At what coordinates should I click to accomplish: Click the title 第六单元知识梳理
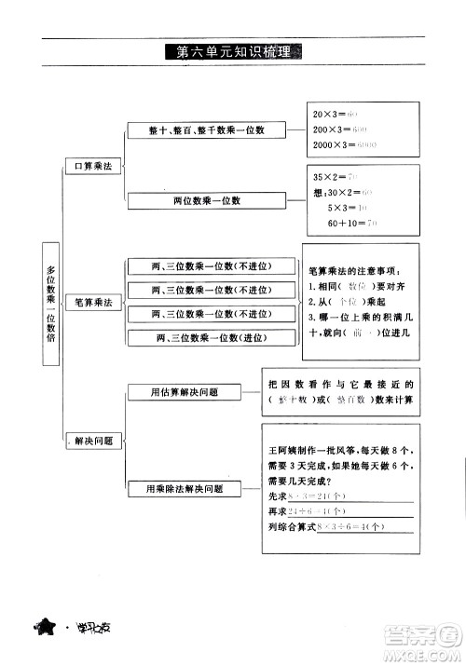pyautogui.click(x=232, y=52)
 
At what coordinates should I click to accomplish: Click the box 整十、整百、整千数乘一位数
pyautogui.click(x=206, y=130)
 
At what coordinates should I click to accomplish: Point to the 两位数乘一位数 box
pyautogui.click(x=206, y=199)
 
